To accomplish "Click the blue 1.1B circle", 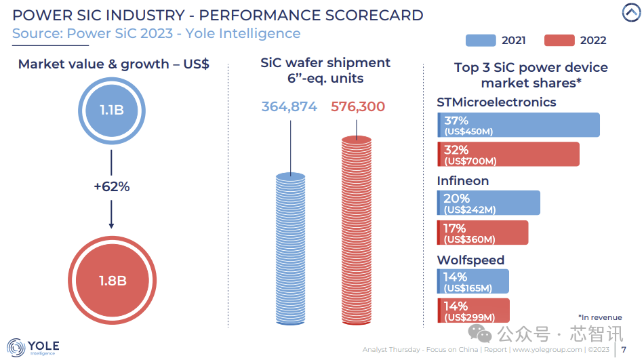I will click(110, 108).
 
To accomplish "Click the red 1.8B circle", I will click(110, 279).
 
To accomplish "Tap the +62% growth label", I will click(111, 186).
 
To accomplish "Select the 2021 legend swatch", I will click(482, 40).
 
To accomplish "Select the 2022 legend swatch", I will click(560, 40).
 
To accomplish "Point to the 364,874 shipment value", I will click(289, 106).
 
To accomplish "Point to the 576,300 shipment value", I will click(357, 106).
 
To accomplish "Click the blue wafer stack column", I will click(291, 249).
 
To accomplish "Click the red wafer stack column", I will click(357, 231).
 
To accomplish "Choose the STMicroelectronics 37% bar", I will click(519, 125).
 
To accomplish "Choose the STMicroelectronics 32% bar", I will click(508, 154).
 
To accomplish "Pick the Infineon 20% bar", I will click(489, 203).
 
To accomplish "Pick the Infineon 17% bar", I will click(483, 233).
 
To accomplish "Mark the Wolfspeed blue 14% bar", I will click(473, 281).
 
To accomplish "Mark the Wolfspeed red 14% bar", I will click(473, 311).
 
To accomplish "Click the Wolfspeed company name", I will click(470, 260).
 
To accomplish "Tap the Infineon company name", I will click(462, 181).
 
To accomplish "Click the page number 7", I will click(624, 350).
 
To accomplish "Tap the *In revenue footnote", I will click(599, 317).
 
